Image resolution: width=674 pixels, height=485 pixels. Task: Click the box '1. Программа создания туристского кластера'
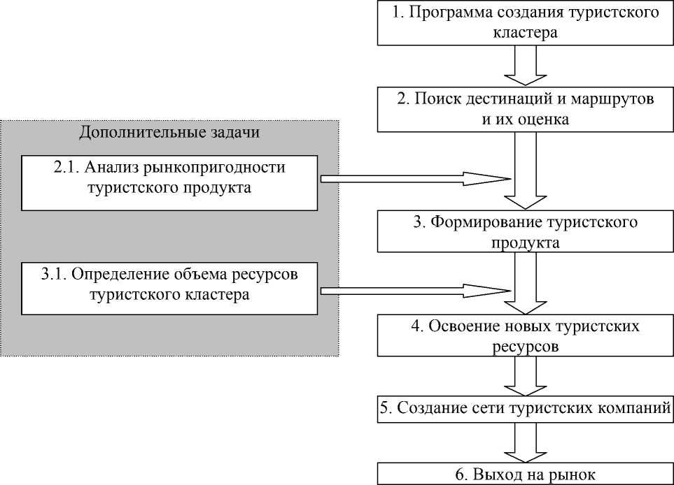[x=524, y=23]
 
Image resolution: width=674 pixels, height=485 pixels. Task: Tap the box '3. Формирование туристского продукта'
[x=524, y=232]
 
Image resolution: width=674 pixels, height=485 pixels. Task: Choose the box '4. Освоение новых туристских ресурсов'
[x=524, y=335]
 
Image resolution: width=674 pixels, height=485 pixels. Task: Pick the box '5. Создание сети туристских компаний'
[x=524, y=408]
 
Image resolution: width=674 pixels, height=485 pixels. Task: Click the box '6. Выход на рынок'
[x=524, y=474]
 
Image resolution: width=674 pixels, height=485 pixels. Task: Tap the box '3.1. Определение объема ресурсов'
[x=169, y=287]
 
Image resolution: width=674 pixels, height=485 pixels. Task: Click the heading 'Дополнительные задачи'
[x=169, y=133]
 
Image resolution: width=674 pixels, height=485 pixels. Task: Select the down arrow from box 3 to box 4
[x=524, y=283]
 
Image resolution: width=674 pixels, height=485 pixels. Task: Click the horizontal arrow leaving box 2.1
[x=413, y=179]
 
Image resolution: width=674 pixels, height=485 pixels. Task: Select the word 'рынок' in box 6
[x=573, y=475]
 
